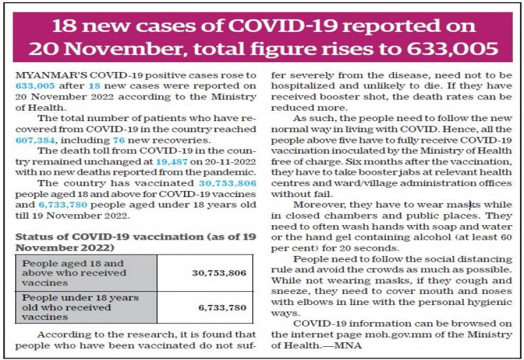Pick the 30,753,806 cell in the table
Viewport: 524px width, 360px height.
tap(219, 272)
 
